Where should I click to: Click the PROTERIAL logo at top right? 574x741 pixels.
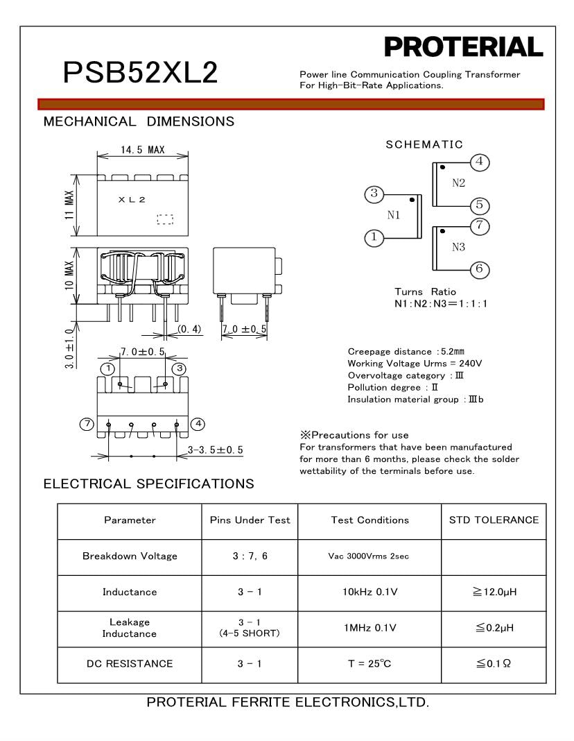click(x=463, y=48)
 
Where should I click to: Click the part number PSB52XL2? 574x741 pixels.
click(x=140, y=72)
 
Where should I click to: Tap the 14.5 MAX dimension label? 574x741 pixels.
click(x=142, y=150)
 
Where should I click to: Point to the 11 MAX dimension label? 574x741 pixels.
click(x=70, y=205)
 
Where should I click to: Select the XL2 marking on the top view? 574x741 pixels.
click(x=132, y=200)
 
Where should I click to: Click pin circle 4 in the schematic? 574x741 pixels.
click(x=480, y=162)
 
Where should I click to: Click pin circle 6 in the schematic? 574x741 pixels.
click(x=480, y=269)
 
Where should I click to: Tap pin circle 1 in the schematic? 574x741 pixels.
click(x=374, y=238)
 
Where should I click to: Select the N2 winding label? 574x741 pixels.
click(x=458, y=184)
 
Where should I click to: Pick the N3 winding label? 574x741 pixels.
click(x=458, y=248)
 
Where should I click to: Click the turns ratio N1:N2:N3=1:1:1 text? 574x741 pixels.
click(x=440, y=304)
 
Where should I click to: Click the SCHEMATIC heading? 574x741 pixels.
click(x=424, y=144)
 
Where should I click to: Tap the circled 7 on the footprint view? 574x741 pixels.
click(x=87, y=424)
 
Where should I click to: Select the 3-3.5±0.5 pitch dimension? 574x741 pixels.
click(x=216, y=450)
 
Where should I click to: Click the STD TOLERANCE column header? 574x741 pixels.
click(x=494, y=520)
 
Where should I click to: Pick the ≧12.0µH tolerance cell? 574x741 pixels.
click(x=494, y=592)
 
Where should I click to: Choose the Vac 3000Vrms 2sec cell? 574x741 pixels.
click(x=369, y=556)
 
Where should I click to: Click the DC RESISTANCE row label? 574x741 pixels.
click(x=130, y=664)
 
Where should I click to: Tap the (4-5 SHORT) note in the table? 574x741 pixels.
click(x=250, y=633)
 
